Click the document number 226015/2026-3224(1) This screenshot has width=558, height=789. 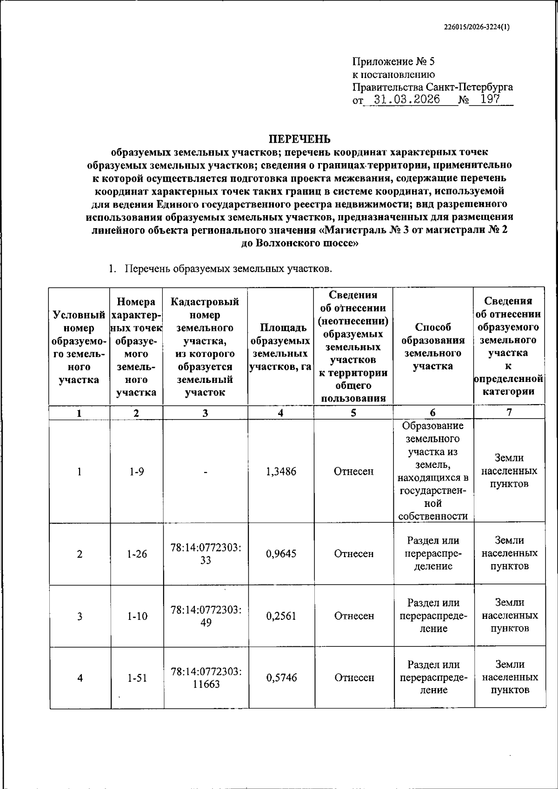pyautogui.click(x=477, y=27)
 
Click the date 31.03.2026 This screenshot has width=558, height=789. pyautogui.click(x=406, y=99)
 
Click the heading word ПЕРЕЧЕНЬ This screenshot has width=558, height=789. pyautogui.click(x=300, y=139)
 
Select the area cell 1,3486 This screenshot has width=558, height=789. pyautogui.click(x=281, y=472)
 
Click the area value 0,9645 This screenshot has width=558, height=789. pyautogui.click(x=281, y=554)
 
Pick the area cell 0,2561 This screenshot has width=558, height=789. pyautogui.click(x=281, y=616)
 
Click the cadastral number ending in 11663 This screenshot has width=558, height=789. pyautogui.click(x=206, y=678)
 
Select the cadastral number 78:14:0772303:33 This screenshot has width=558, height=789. pyautogui.click(x=206, y=554)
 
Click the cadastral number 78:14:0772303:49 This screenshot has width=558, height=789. pyautogui.click(x=206, y=616)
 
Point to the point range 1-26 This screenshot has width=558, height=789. pyautogui.click(x=137, y=554)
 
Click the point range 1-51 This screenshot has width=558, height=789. pyautogui.click(x=137, y=678)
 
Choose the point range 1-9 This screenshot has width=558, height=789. pyautogui.click(x=137, y=472)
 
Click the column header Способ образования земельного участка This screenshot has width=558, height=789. pyautogui.click(x=433, y=347)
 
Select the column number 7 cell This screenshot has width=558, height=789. pyautogui.click(x=509, y=412)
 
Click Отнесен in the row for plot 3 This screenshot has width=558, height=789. pyautogui.click(x=354, y=616)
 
